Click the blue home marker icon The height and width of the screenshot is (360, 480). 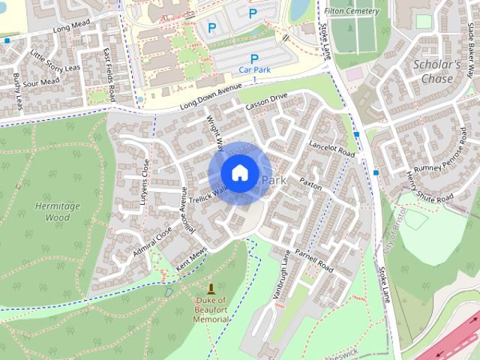click(x=239, y=172)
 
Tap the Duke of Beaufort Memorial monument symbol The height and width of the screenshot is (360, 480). click(x=211, y=289)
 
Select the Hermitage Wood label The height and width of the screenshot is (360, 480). click(x=52, y=211)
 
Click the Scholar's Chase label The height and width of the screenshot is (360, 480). click(x=436, y=72)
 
